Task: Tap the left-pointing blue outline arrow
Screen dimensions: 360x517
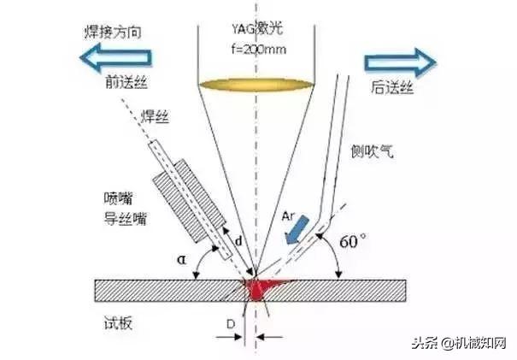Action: click(115, 58)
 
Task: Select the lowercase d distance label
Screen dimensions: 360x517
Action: click(238, 242)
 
